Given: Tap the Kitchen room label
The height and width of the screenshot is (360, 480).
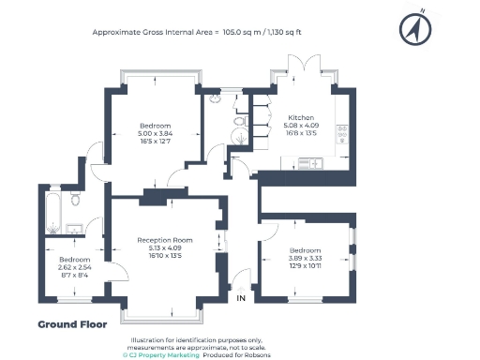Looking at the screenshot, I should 300,118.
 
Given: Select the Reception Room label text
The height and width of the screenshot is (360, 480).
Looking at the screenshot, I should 164,240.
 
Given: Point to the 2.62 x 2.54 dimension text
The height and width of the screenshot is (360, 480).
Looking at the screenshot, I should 74,267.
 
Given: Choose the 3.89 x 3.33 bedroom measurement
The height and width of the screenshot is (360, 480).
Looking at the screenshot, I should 305,259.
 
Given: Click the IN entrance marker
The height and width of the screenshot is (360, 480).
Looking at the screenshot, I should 241,299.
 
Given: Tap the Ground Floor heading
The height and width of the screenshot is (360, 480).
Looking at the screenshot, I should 72,324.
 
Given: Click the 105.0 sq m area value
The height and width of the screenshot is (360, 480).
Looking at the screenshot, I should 240,31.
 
